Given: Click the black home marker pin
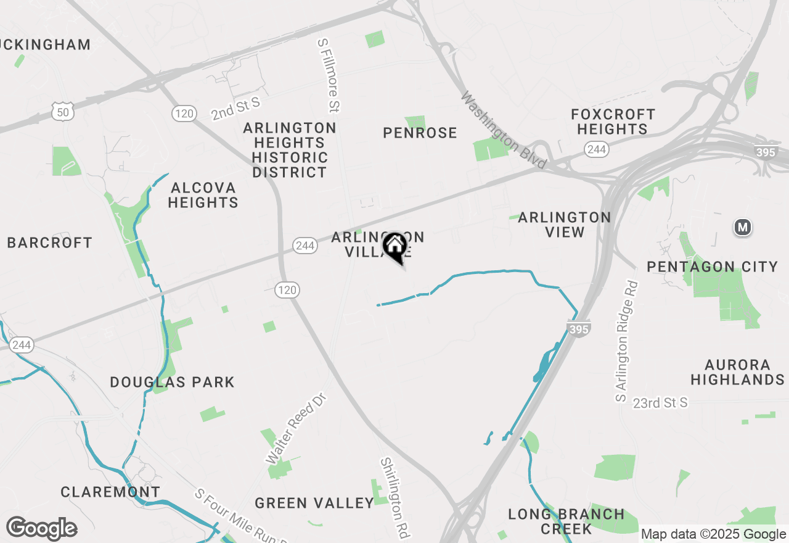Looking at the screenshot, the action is point(394,247).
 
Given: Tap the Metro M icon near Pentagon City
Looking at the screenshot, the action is point(743,228).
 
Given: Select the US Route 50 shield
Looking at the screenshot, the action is point(63,112).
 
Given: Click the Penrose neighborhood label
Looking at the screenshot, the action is point(420,133).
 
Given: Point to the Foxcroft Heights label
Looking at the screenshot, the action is point(612,122).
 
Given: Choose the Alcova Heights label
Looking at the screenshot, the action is point(203,195).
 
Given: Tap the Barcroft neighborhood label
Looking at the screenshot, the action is point(49,242).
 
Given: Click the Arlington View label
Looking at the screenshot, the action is point(565,225).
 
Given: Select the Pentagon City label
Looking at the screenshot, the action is point(712,267).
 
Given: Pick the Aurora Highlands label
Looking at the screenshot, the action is point(737,372).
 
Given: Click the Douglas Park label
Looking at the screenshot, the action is point(172,382).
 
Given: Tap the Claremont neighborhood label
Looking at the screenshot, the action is point(110,492).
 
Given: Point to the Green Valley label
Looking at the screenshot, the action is point(314,503).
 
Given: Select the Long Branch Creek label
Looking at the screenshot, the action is point(566,521).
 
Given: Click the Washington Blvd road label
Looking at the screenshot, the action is point(504,130).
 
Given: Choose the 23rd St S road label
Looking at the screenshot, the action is point(660,403).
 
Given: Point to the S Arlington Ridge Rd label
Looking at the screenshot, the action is point(626,342).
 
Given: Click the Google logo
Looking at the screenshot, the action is point(42,529).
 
